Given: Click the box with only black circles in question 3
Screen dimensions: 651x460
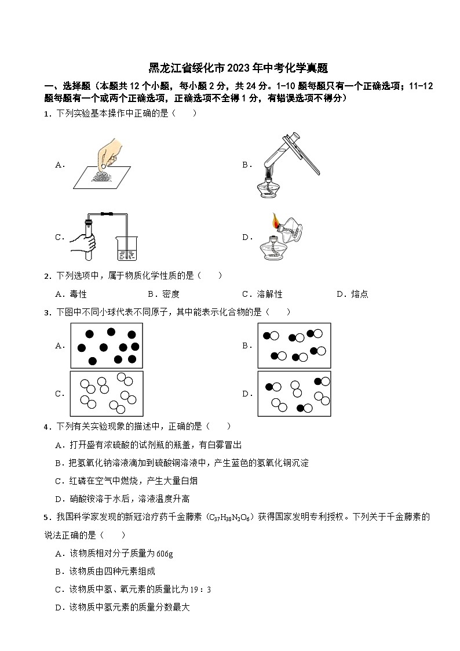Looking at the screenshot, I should click(x=107, y=345).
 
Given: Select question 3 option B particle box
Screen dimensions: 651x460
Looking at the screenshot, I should click(x=294, y=345).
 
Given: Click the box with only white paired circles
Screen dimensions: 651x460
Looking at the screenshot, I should click(x=107, y=394).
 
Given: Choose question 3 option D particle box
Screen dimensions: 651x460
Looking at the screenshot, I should click(x=294, y=394).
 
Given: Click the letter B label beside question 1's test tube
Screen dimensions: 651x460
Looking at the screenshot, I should click(x=245, y=165).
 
